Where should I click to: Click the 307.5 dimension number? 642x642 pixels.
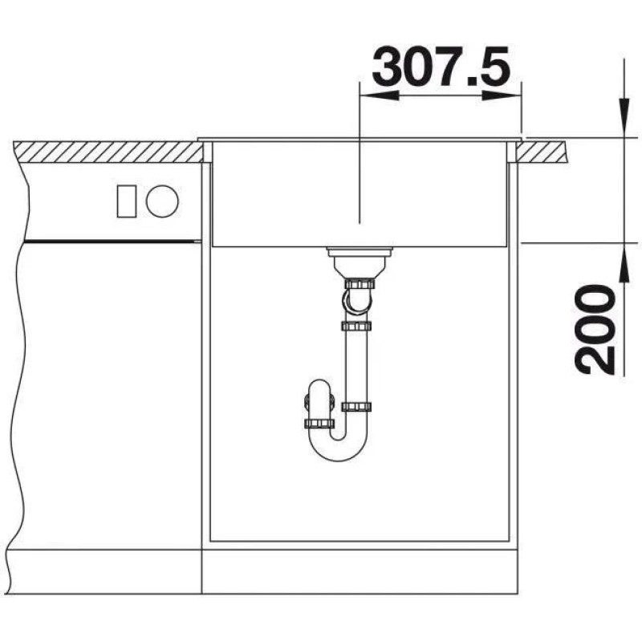click(441, 66)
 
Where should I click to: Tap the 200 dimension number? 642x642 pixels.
click(595, 330)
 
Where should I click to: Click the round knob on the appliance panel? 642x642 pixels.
click(163, 201)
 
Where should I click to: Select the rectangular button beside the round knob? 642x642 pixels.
click(127, 201)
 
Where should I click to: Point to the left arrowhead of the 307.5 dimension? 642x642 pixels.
click(379, 95)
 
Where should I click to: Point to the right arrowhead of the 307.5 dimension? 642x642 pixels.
click(501, 95)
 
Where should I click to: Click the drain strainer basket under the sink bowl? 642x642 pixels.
click(360, 262)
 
